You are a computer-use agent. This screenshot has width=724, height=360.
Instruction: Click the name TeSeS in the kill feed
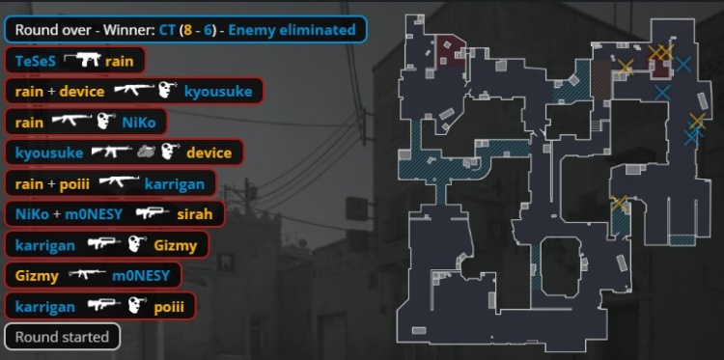(x=36, y=61)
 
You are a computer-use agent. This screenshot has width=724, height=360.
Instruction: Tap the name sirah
(x=195, y=214)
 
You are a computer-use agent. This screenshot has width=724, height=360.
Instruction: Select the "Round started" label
(x=63, y=337)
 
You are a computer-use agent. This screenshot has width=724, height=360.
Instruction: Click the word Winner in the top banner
(x=129, y=30)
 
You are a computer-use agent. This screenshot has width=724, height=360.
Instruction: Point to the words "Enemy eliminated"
(x=292, y=30)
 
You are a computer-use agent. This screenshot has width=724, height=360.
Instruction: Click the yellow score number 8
(x=187, y=30)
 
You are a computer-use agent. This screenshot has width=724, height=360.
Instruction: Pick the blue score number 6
(x=207, y=30)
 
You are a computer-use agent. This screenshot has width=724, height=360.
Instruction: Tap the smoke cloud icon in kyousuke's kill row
(x=146, y=152)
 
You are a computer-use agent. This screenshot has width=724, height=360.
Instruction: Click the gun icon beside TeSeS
(x=82, y=60)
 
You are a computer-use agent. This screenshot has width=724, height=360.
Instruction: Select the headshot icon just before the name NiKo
(x=106, y=122)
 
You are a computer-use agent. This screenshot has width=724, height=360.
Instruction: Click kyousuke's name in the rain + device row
(x=218, y=92)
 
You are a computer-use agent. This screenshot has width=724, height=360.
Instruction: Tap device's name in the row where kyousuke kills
(x=209, y=152)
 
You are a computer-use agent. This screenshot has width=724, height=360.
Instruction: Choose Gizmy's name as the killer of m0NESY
(x=37, y=276)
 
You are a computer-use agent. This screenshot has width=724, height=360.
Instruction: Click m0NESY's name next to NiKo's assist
(x=95, y=214)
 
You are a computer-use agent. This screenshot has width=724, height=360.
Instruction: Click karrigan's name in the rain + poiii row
(x=175, y=184)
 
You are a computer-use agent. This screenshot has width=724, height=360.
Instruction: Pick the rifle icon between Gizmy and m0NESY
(x=86, y=275)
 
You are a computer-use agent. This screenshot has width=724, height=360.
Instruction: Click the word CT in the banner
(x=168, y=30)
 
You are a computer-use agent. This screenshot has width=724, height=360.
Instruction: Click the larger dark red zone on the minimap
(x=450, y=51)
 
